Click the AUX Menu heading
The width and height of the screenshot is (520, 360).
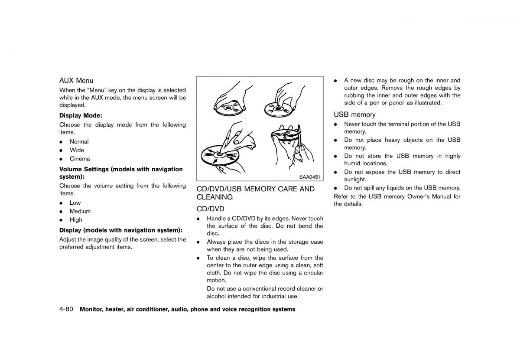pos(76,81)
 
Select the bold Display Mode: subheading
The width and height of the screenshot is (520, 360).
pos(81,115)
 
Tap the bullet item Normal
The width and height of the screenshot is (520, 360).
pos(79,142)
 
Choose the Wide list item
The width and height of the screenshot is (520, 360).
pos(77,150)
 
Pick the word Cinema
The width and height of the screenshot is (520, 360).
pos(80,159)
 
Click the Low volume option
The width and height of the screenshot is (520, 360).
pos(75,203)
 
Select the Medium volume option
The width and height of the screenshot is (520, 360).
pos(80,211)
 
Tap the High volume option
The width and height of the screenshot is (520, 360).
pos(76,220)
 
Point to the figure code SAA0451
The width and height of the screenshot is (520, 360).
pos(310,177)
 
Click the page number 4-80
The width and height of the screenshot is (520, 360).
pos(66,309)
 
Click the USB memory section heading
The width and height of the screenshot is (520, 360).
pos(354,115)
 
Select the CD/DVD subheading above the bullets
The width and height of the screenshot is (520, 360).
pos(210,209)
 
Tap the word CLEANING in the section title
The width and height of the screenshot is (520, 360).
pos(214,197)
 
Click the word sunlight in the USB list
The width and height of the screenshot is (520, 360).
pos(355,180)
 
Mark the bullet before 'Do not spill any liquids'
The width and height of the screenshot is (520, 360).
pos(335,188)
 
